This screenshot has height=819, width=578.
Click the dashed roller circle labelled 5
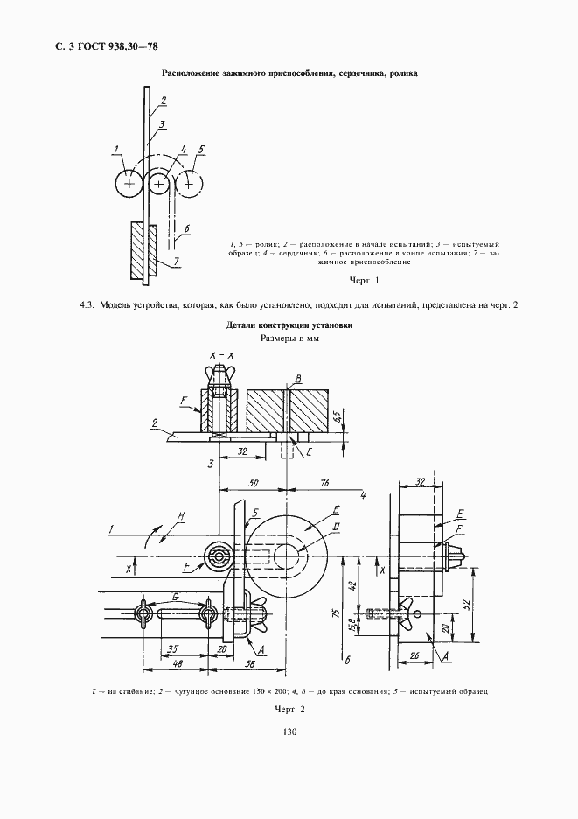coord(187,184)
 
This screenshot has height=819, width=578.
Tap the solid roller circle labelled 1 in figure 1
coord(129,184)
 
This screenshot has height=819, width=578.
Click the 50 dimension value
coord(254,481)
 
